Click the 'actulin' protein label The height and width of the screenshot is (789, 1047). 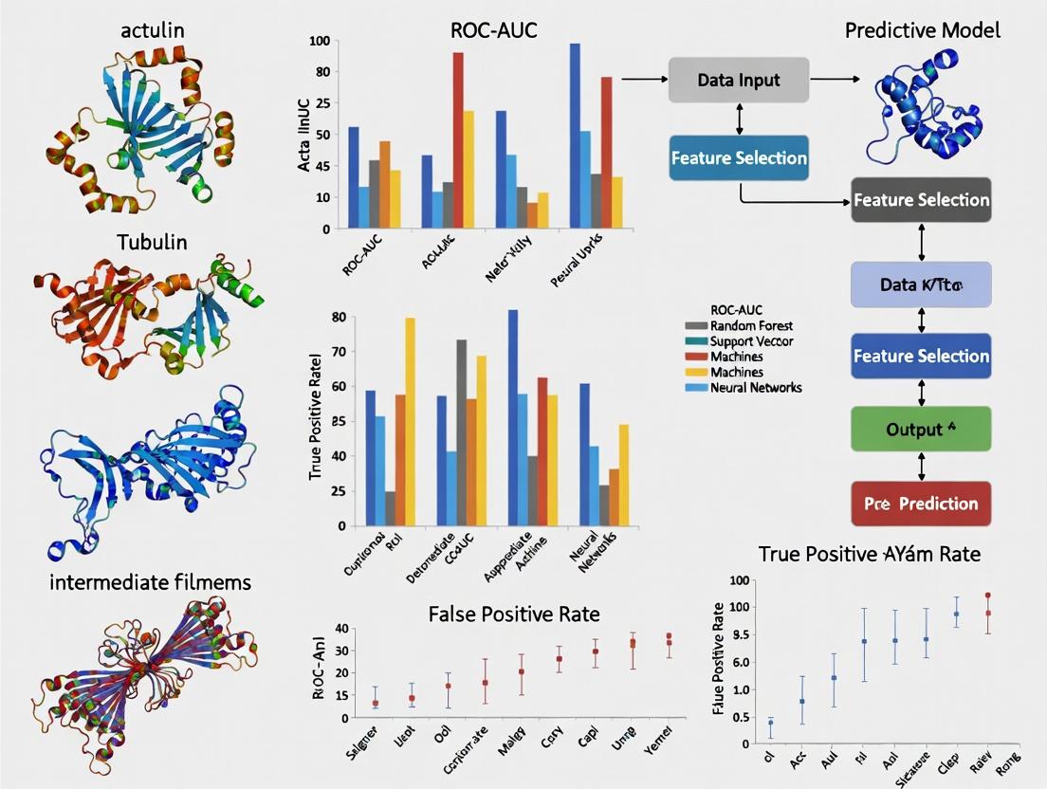(153, 30)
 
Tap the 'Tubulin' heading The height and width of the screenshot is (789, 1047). (153, 243)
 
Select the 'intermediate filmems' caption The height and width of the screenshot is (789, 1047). (151, 581)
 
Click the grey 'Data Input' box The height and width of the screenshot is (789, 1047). (739, 81)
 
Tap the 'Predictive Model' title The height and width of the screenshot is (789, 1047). (922, 30)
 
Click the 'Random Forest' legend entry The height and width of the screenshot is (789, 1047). (750, 325)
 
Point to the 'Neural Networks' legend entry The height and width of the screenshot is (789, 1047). (755, 387)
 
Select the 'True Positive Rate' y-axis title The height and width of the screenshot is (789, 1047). (315, 417)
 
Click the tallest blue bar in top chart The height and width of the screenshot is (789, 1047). (575, 135)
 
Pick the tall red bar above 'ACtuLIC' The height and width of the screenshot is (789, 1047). (458, 139)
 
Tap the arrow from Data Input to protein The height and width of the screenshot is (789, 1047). (835, 80)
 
